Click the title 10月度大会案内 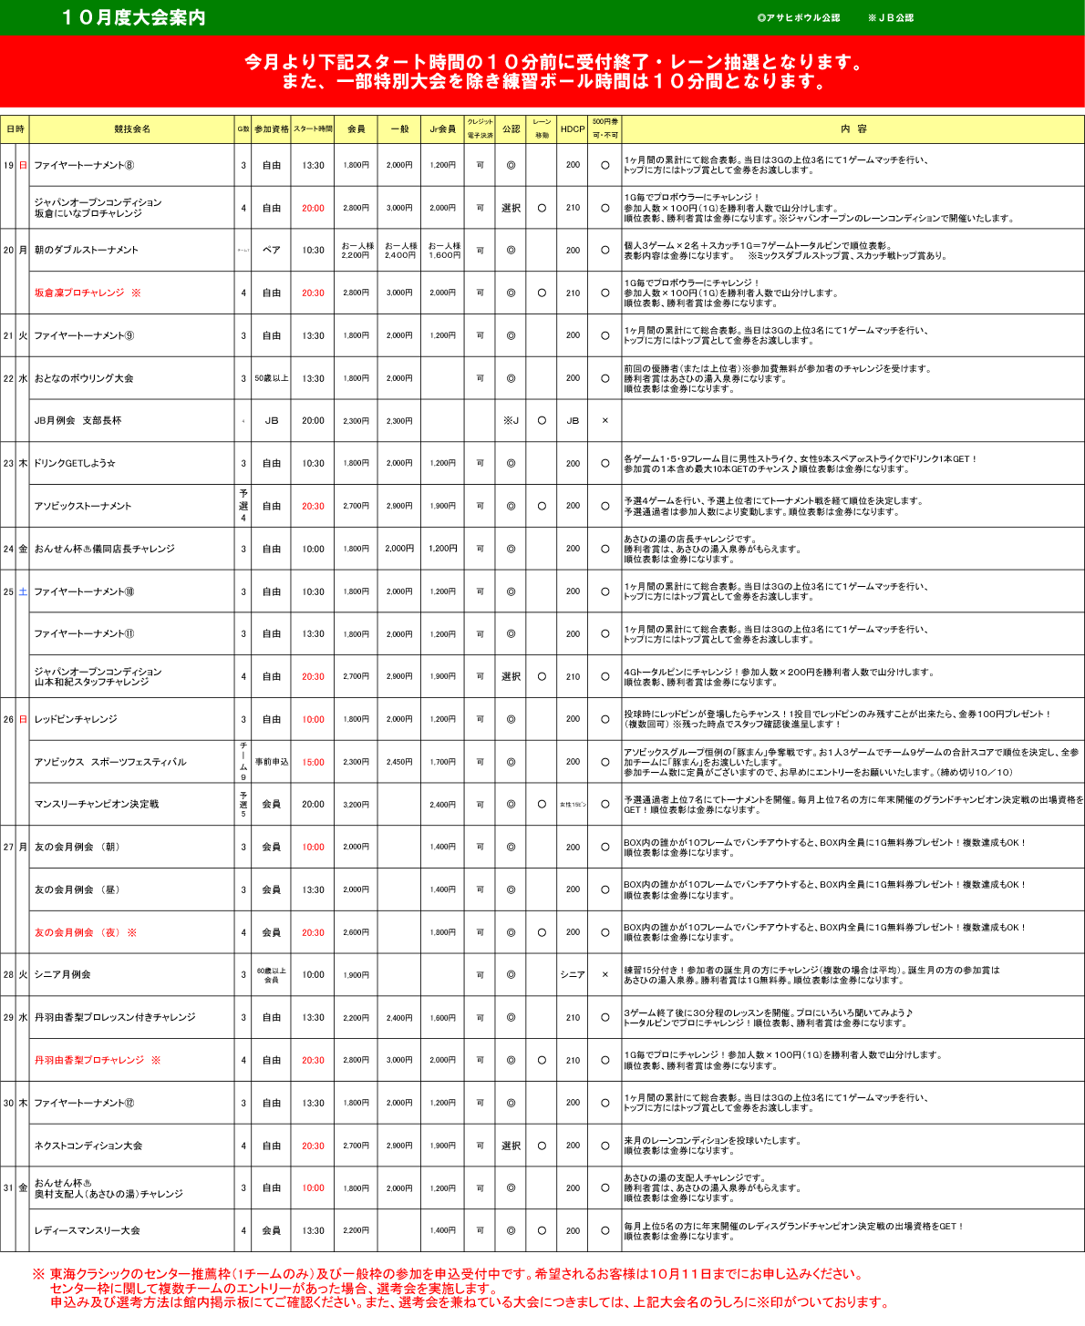134,18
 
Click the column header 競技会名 132,129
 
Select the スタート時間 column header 313,129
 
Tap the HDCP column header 573,129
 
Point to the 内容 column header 853,129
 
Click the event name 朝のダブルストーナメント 87,251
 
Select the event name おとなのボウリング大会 84,378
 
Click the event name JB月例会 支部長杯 77,421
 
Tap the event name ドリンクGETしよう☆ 75,464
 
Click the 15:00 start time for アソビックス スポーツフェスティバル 313,763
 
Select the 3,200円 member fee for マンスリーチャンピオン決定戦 356,805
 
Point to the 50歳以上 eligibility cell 272,378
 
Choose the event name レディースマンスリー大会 88,1231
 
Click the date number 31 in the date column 8,1188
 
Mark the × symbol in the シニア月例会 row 604,975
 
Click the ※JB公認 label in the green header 891,18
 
